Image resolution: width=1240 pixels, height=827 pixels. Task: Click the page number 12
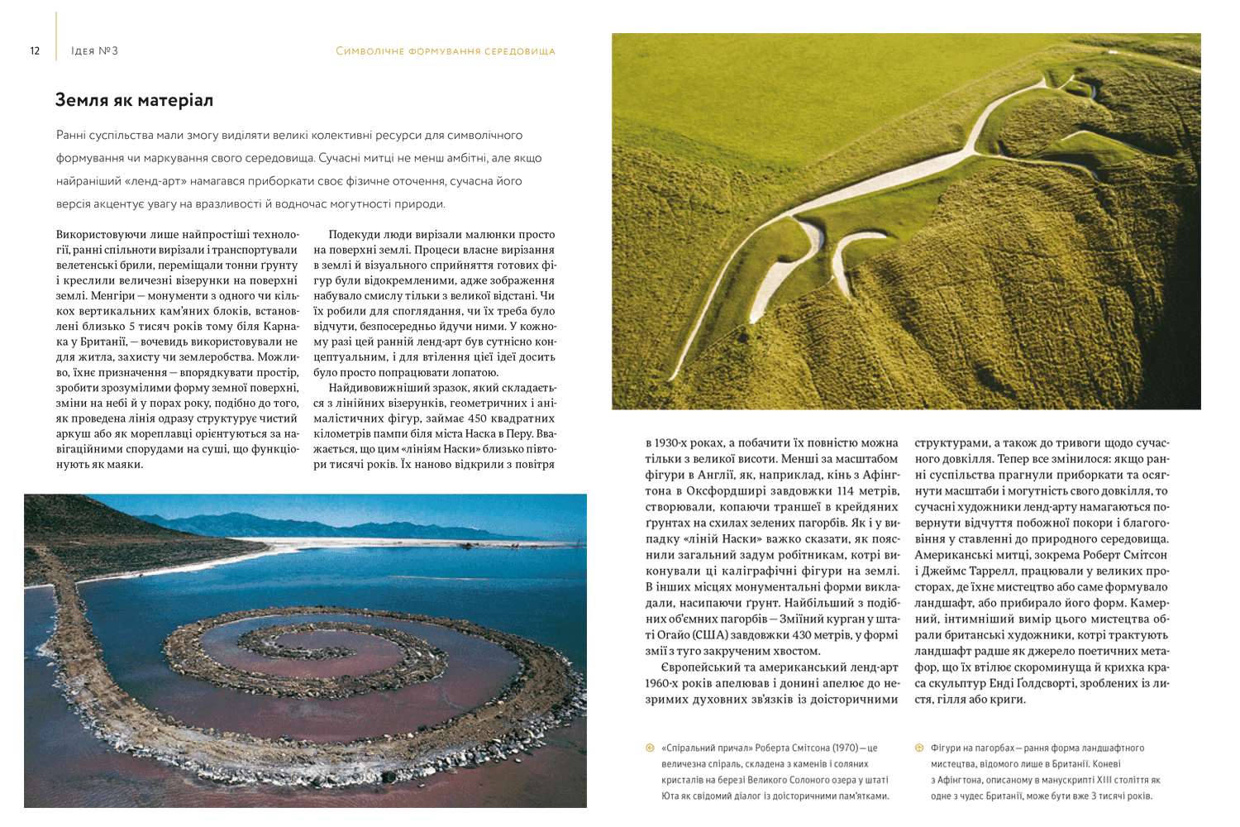(x=35, y=50)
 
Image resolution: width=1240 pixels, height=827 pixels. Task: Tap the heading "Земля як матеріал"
(x=134, y=100)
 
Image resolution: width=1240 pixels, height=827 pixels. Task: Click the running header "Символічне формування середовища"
(x=446, y=51)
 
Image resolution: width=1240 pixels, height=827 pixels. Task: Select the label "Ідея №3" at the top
(x=95, y=51)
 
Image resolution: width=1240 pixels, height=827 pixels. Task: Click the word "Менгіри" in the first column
(x=112, y=295)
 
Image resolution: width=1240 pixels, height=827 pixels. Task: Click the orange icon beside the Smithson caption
(x=650, y=748)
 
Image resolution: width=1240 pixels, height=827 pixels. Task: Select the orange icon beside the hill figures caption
(x=918, y=748)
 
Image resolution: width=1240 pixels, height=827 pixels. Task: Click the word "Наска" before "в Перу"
(x=480, y=434)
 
